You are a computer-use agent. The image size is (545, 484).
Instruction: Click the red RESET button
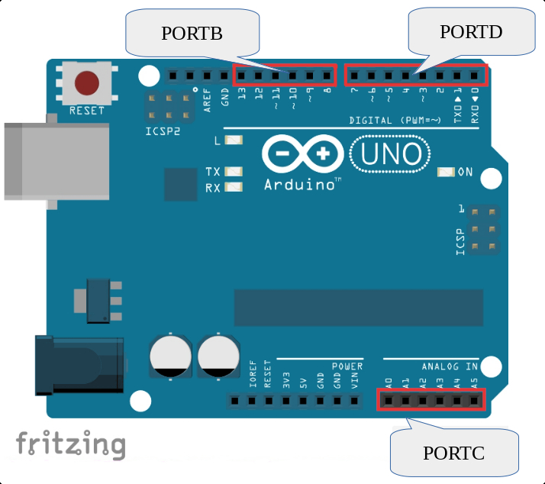coord(87,82)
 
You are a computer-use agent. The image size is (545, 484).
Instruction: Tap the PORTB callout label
coord(192,34)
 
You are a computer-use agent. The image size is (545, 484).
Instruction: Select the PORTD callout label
coord(471,31)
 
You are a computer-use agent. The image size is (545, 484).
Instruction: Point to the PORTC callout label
coord(453,453)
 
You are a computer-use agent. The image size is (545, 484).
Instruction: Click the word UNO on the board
coord(390,154)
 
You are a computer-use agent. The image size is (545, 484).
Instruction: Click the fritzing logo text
coord(71,444)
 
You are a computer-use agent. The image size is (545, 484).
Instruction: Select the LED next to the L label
coord(234,140)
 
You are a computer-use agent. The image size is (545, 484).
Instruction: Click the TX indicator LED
coord(234,173)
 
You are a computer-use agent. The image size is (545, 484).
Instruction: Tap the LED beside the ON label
coord(446,173)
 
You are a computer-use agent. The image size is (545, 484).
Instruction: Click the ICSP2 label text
coord(163,131)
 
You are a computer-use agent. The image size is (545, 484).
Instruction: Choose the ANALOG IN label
coord(450,367)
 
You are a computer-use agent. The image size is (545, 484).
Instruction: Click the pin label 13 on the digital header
coord(242,95)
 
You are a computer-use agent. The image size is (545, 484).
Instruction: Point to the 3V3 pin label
coord(285,380)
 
